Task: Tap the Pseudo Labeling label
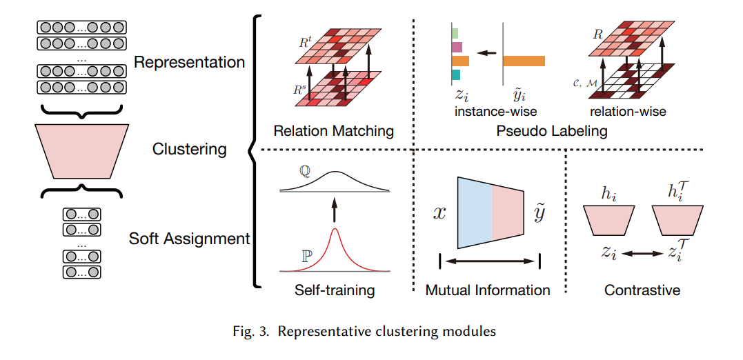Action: click(x=552, y=130)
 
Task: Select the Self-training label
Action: click(x=335, y=290)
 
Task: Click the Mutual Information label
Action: click(x=488, y=290)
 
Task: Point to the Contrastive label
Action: click(x=642, y=290)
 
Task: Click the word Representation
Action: click(x=190, y=63)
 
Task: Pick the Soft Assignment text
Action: click(x=189, y=238)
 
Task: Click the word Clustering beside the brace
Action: click(x=189, y=150)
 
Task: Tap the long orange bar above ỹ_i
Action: click(x=524, y=61)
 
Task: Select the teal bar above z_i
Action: click(x=456, y=74)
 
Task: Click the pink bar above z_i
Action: click(x=457, y=47)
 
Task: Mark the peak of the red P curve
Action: click(x=335, y=229)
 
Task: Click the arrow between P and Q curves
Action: click(x=335, y=210)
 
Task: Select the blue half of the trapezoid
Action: click(x=475, y=213)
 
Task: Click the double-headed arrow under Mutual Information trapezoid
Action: click(x=490, y=261)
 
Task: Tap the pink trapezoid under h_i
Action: click(x=608, y=220)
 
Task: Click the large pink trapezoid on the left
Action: click(x=81, y=151)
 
